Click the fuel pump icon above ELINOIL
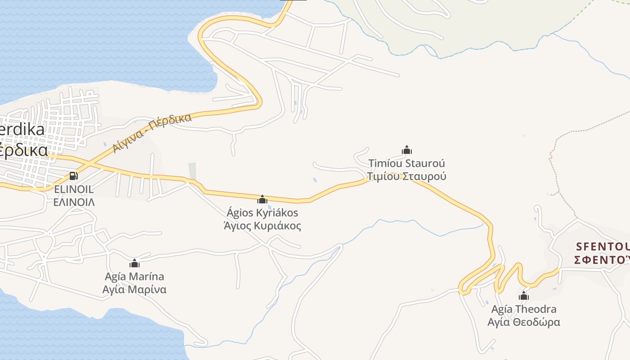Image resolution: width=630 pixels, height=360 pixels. (x=73, y=175)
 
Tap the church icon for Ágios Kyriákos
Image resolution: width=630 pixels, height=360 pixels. (x=262, y=199)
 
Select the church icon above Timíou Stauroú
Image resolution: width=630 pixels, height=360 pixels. (x=407, y=150)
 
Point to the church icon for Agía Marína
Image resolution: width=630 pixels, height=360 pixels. (x=134, y=263)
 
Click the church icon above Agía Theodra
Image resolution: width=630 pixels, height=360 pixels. (x=523, y=296)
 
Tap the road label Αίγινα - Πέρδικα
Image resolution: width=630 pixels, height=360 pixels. (x=152, y=133)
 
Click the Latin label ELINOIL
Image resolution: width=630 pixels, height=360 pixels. (x=74, y=189)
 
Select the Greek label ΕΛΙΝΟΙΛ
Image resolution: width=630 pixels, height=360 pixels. (x=74, y=202)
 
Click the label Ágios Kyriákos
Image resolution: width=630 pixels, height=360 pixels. (x=262, y=212)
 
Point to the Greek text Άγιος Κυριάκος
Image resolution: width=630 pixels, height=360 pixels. (x=262, y=225)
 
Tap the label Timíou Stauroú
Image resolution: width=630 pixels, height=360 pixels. (x=406, y=163)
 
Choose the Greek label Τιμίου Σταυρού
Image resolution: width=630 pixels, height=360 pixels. (x=406, y=176)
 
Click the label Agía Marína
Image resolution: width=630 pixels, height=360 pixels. (x=134, y=276)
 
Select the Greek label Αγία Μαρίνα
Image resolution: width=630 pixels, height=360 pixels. (x=134, y=289)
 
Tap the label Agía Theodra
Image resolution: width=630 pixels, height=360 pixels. (x=523, y=309)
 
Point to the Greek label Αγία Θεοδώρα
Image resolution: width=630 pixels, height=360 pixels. (x=523, y=322)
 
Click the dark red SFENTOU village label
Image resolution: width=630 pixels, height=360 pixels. (x=602, y=247)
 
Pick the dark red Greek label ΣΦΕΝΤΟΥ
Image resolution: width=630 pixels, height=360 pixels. (x=602, y=260)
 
